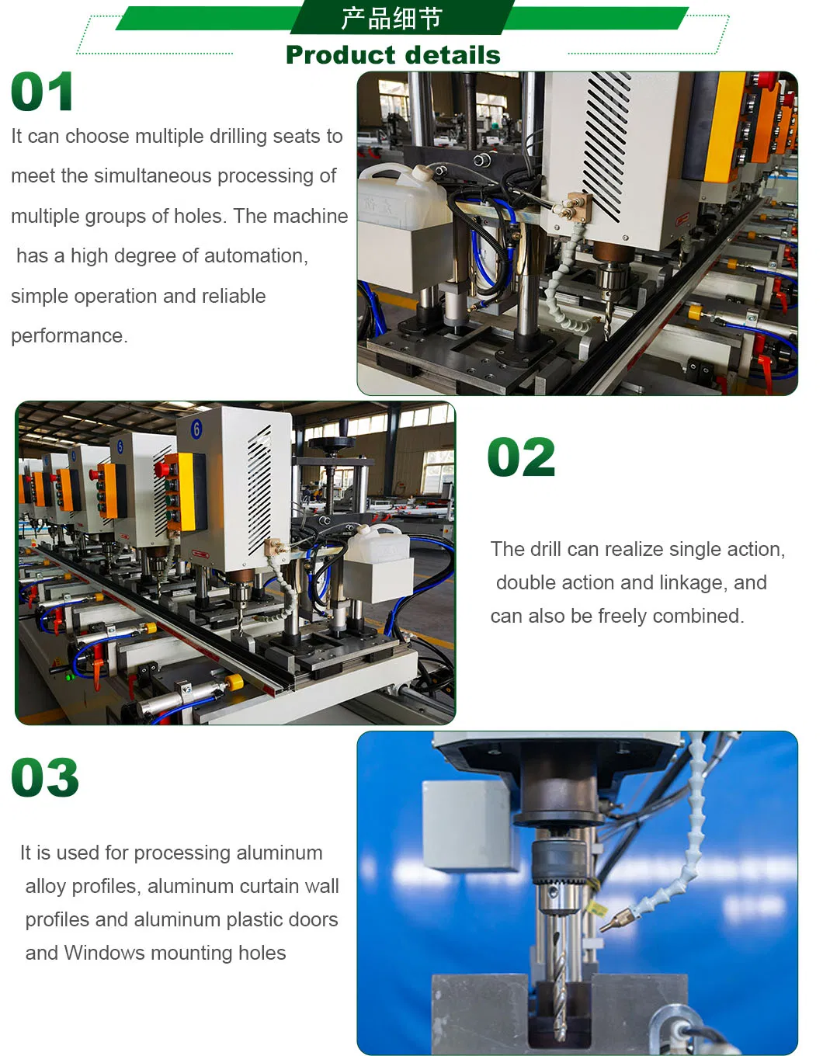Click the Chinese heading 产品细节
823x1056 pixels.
391,19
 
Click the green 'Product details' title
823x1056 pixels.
393,55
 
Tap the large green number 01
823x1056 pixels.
42,92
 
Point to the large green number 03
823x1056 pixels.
45,777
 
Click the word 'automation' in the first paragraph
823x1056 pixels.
256,255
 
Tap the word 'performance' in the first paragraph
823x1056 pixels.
69,335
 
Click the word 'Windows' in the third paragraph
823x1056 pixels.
101,953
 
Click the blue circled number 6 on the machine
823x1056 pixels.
196,429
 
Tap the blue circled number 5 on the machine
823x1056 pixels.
120,446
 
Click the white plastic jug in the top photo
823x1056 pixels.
401,196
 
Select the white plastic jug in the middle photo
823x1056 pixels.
377,542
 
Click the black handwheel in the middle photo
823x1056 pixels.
331,443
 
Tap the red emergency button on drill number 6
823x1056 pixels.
160,470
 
